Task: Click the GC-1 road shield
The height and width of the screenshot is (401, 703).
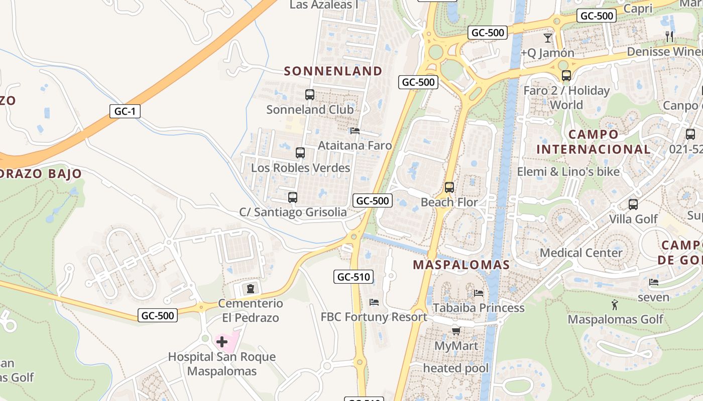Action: point(125,111)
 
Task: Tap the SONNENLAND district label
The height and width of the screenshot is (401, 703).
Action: point(333,71)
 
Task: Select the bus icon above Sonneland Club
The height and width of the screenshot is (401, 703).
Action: point(310,94)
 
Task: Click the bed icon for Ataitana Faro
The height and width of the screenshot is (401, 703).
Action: point(355,131)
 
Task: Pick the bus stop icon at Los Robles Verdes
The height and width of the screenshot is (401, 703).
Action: point(300,153)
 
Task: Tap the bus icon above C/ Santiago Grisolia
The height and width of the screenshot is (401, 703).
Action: point(293,197)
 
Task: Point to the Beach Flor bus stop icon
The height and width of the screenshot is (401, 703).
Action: point(449,187)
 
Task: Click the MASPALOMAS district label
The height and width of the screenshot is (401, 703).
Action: point(461,265)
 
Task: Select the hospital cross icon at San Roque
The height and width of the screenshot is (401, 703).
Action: point(222,342)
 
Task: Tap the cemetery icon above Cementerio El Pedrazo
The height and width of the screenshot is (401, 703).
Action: point(250,288)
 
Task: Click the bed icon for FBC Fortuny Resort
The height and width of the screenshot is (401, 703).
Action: point(374,302)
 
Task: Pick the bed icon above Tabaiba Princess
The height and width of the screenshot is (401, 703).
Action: point(479,293)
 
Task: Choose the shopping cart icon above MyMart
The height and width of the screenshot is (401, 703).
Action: point(456,331)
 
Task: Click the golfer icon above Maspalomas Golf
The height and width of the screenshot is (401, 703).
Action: point(615,304)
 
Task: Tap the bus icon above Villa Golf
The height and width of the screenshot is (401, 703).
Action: point(633,204)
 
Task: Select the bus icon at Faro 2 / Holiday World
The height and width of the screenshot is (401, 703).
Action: point(566,76)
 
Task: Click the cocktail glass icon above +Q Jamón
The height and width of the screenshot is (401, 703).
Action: point(548,38)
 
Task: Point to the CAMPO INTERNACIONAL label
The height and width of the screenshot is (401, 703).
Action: point(594,142)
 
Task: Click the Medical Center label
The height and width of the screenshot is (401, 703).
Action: point(581,253)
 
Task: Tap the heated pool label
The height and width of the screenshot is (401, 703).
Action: point(455,368)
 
